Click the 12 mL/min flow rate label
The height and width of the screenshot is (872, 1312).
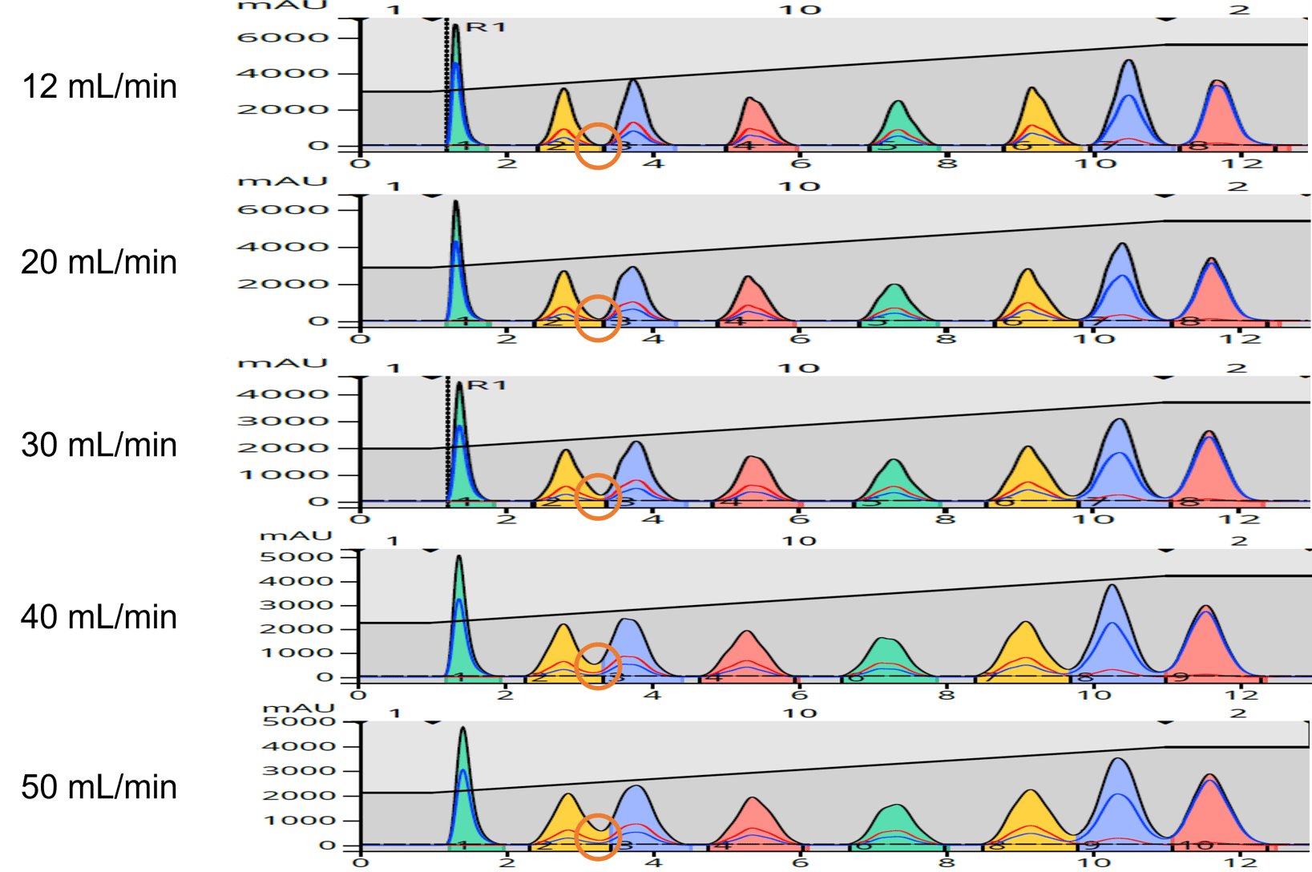tap(99, 87)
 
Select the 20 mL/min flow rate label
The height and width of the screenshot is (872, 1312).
tap(99, 263)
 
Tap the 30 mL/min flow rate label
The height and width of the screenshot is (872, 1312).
tap(99, 445)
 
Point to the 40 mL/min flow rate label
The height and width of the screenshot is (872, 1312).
tap(99, 617)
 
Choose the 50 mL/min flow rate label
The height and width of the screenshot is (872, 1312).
tap(99, 787)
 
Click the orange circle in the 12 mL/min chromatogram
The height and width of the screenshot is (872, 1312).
tap(598, 146)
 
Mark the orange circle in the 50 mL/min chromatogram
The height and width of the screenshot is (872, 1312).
tap(598, 837)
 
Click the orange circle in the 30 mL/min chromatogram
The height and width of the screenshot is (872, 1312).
tap(598, 496)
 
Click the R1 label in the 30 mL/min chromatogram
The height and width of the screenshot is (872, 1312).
tap(486, 385)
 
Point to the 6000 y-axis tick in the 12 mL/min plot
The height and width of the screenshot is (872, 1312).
tap(284, 38)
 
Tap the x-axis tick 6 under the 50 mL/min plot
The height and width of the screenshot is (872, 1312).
tap(800, 863)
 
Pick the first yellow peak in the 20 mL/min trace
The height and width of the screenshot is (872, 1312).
tap(564, 297)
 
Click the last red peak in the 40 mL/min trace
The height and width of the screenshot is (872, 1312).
tap(1205, 641)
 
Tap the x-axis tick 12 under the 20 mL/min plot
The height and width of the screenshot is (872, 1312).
tap(1241, 339)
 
